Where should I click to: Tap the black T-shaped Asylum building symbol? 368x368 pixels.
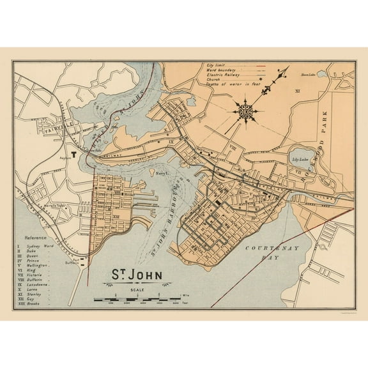73,154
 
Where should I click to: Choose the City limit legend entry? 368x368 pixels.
215,65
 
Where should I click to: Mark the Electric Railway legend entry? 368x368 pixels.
220,75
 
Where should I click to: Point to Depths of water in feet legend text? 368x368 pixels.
227,86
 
